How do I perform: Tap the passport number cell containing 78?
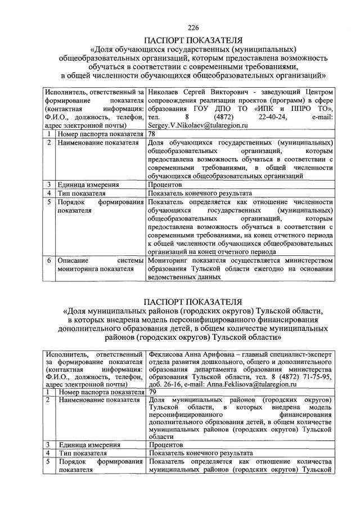[152, 134]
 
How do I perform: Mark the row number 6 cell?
[49, 260]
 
